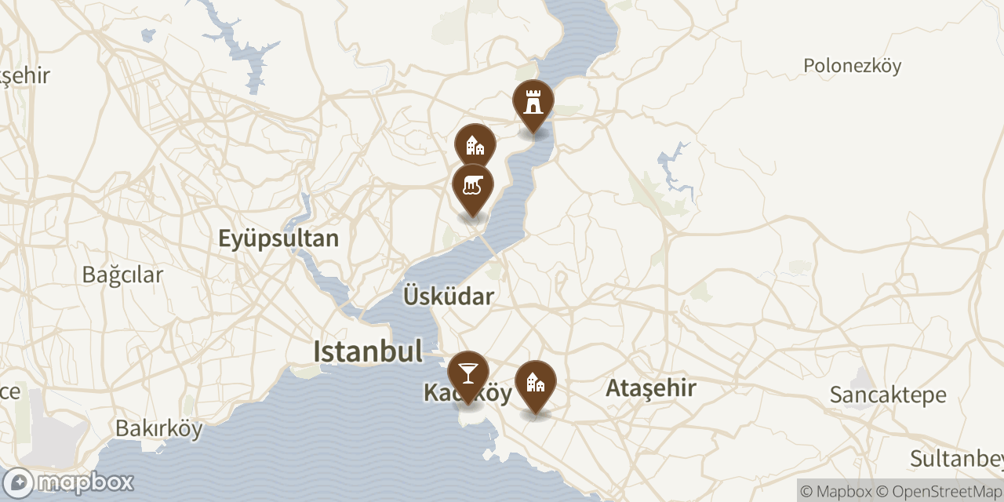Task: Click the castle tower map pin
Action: pyautogui.click(x=533, y=102)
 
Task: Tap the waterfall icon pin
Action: pyautogui.click(x=473, y=186)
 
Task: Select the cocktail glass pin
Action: pyautogui.click(x=468, y=373)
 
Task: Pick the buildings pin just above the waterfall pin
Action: pyautogui.click(x=475, y=145)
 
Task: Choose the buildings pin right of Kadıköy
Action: pyautogui.click(x=536, y=383)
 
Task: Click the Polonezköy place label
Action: pyautogui.click(x=852, y=66)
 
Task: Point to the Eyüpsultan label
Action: pyautogui.click(x=278, y=238)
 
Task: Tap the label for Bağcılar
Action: pyautogui.click(x=122, y=275)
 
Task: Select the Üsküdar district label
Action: pyautogui.click(x=449, y=296)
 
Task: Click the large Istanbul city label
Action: pyautogui.click(x=368, y=351)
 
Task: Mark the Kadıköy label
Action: pyautogui.click(x=468, y=393)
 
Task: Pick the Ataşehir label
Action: pyautogui.click(x=651, y=387)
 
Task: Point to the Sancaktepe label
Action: pyautogui.click(x=888, y=395)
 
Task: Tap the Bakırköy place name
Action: pyautogui.click(x=159, y=429)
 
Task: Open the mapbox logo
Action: pyautogui.click(x=69, y=482)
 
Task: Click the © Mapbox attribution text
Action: pyautogui.click(x=836, y=492)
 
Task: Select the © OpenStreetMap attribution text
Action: pyautogui.click(x=940, y=492)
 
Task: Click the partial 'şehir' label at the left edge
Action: pyautogui.click(x=25, y=76)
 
